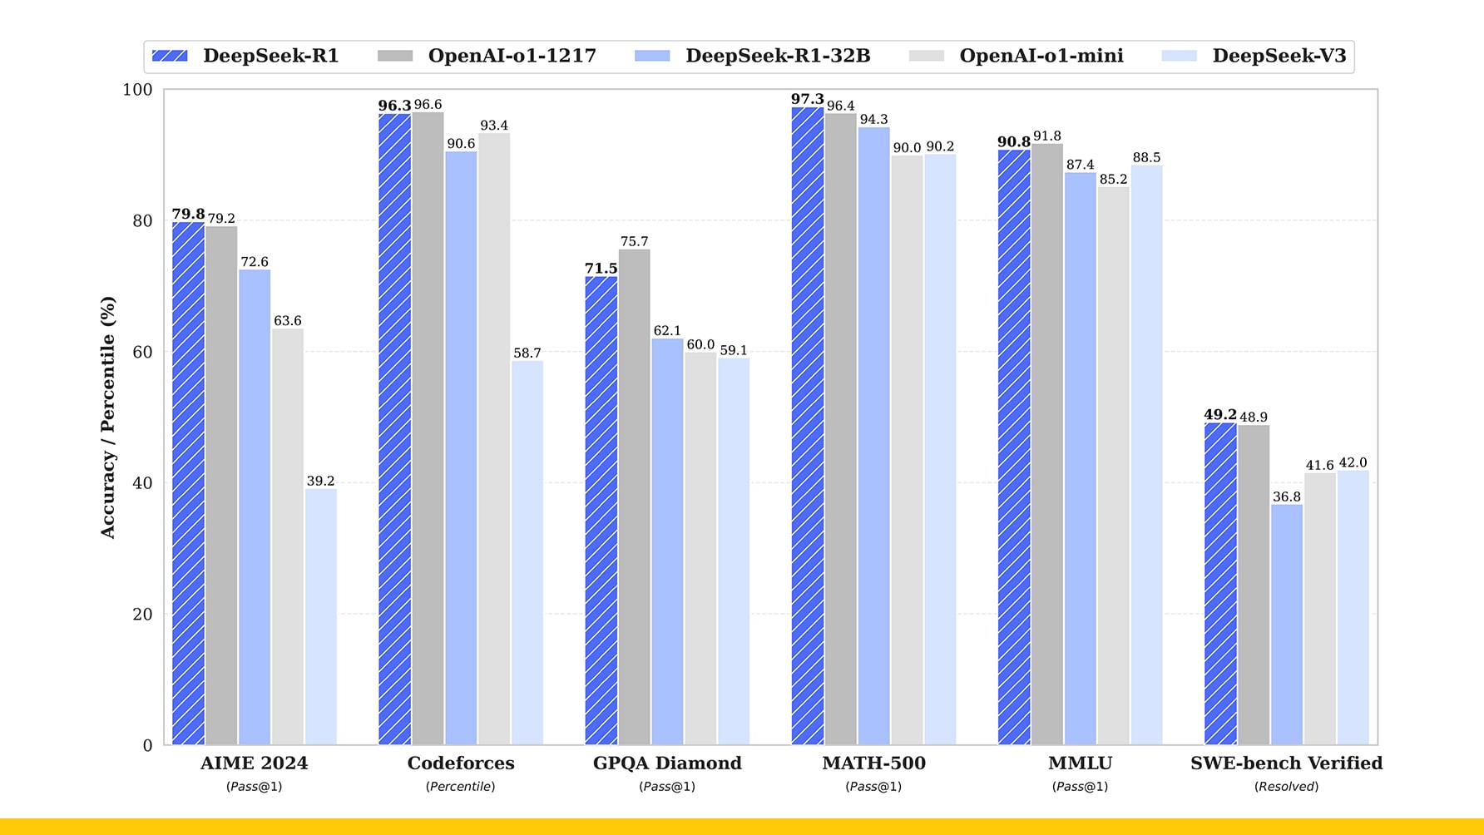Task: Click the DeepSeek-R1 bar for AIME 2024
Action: click(x=188, y=482)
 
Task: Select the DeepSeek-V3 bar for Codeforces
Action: click(x=527, y=552)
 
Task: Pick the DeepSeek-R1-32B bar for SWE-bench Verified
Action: click(x=1287, y=624)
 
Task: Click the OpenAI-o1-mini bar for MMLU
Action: click(x=1113, y=466)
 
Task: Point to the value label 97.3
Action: click(x=807, y=99)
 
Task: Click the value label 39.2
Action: click(x=320, y=481)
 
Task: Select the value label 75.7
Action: click(x=634, y=241)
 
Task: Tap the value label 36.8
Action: click(x=1287, y=497)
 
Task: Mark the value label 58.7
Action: click(x=527, y=353)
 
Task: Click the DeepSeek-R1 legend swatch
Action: click(x=170, y=56)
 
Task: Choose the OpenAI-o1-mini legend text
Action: click(x=1041, y=56)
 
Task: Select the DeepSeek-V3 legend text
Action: click(x=1279, y=56)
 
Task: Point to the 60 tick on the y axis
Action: click(x=142, y=352)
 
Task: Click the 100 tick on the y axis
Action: click(x=137, y=90)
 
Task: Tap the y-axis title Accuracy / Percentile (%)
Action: click(x=108, y=417)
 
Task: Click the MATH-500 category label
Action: click(x=873, y=763)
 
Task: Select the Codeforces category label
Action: click(x=461, y=763)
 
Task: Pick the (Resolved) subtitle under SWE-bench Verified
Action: click(x=1286, y=786)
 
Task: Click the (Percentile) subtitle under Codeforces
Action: click(x=461, y=786)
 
